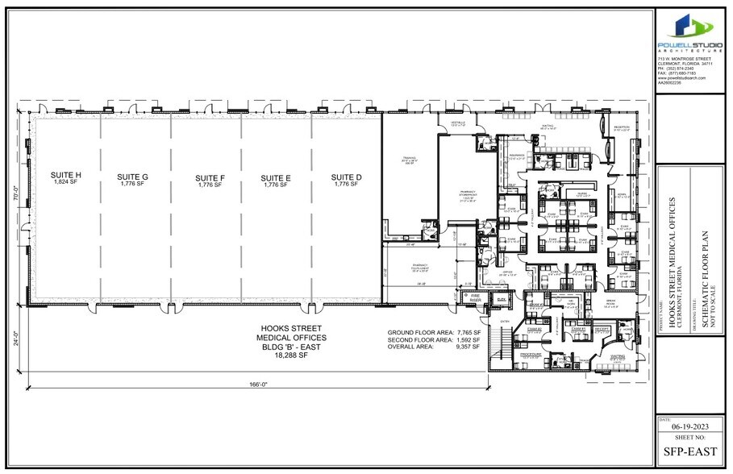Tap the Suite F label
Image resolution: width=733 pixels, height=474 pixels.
pyautogui.click(x=210, y=176)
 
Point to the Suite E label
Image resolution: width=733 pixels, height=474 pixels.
pyautogui.click(x=277, y=176)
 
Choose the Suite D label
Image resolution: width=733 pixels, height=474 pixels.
pyautogui.click(x=347, y=176)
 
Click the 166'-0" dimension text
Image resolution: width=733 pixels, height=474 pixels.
pyautogui.click(x=257, y=385)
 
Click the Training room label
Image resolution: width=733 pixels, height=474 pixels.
pyautogui.click(x=409, y=161)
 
